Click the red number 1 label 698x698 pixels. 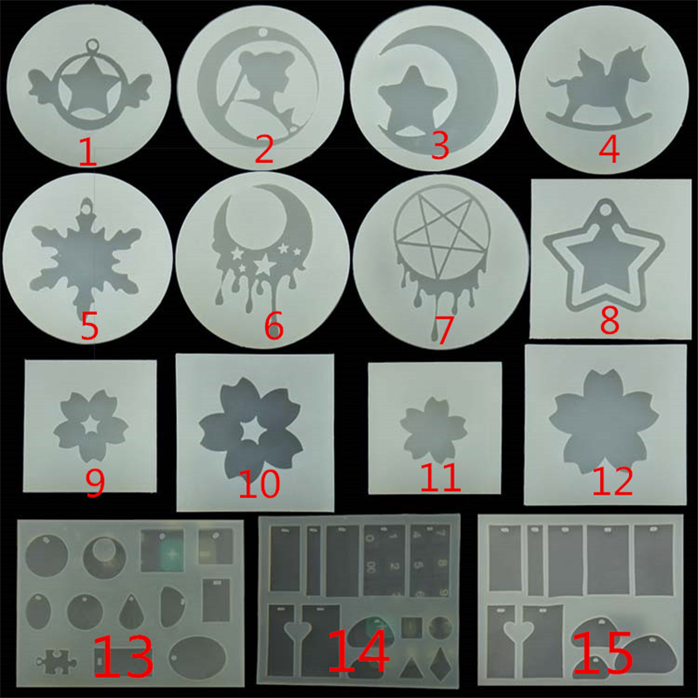88,152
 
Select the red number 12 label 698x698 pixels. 612,482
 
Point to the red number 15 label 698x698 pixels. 602,652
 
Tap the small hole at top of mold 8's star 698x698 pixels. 604,209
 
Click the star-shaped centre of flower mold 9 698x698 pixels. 92,425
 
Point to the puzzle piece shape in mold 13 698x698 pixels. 57,660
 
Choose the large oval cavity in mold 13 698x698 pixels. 197,658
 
